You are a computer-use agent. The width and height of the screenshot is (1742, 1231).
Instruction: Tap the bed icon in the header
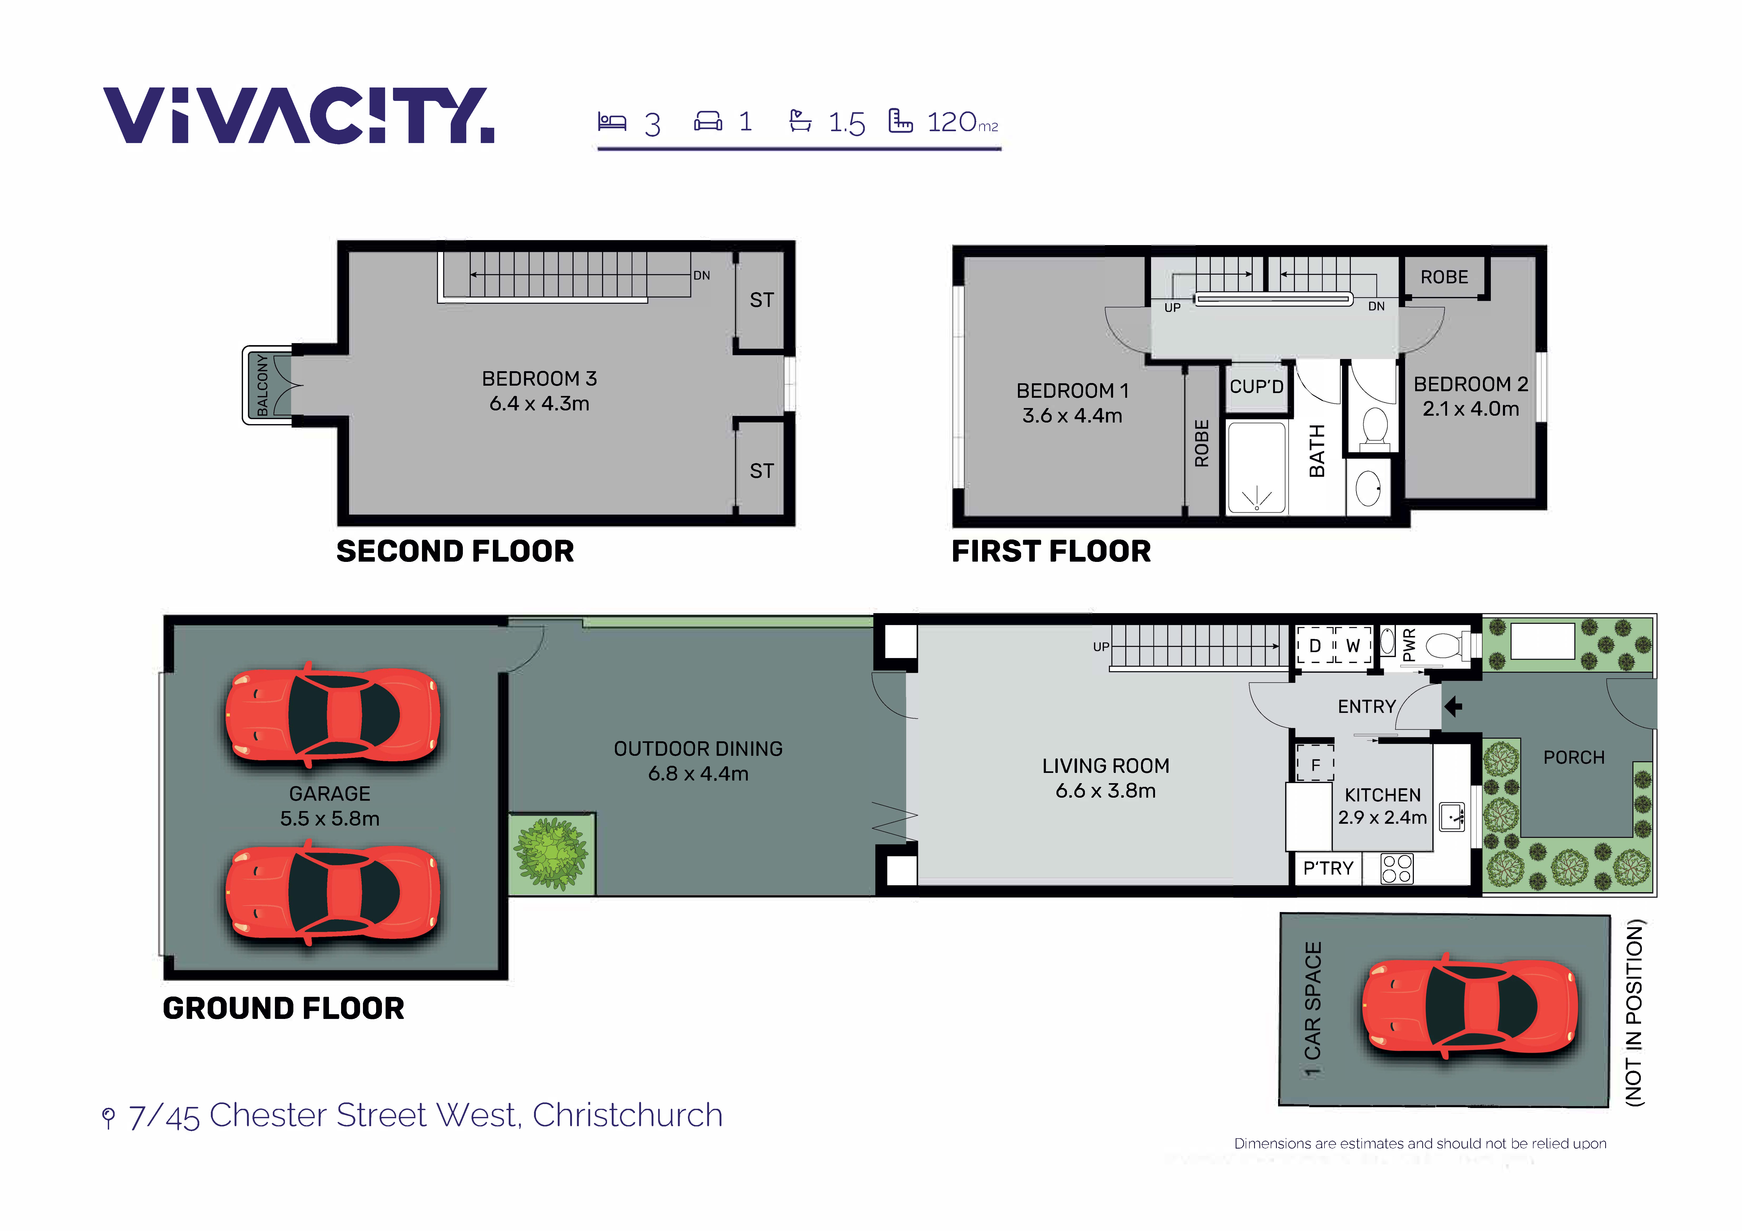click(612, 121)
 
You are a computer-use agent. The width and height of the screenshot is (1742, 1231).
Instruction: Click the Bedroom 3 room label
click(540, 379)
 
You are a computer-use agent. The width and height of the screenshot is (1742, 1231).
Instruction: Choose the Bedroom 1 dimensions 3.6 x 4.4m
click(1072, 416)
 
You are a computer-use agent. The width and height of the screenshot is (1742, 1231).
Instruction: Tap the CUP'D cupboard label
click(1256, 387)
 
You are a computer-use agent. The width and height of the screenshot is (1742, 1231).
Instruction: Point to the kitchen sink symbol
click(1452, 817)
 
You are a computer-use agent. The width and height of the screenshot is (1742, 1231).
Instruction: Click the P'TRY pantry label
click(1328, 869)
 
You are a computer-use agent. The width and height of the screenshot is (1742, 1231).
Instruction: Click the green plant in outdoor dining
click(552, 853)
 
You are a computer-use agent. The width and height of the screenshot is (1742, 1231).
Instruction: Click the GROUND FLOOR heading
click(284, 1009)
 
